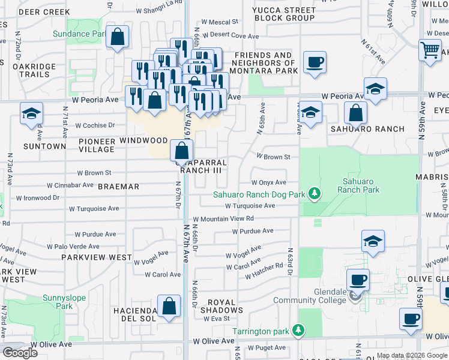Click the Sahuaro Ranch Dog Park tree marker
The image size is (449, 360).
[313, 193]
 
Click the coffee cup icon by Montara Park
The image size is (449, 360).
[315, 62]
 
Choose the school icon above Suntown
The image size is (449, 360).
[31, 114]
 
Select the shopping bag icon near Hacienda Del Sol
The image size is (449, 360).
[169, 306]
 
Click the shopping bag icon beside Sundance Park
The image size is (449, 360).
[118, 37]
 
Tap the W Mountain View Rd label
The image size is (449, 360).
[223, 219]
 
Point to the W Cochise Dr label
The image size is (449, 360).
[95, 125]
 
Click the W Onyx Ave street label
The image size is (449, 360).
[268, 182]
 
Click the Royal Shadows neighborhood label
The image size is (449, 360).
[225, 306]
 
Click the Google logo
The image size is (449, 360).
[20, 353]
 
